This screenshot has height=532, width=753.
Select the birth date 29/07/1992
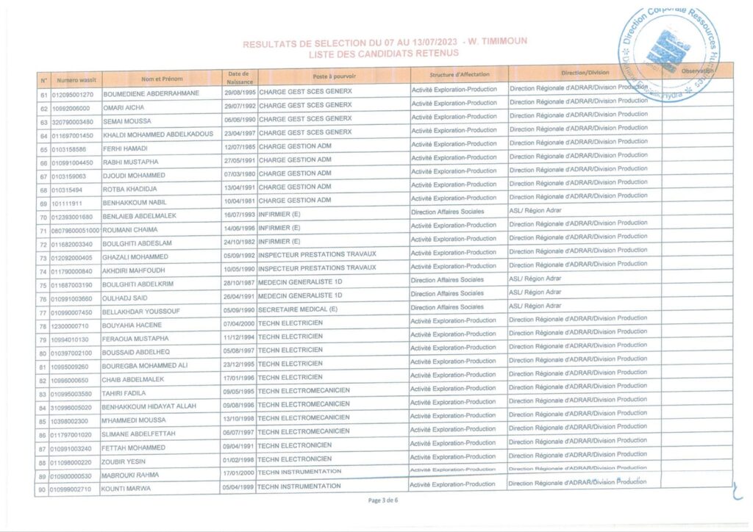[238, 108]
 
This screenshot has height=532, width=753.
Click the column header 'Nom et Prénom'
[162, 79]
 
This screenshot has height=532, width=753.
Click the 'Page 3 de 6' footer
[382, 500]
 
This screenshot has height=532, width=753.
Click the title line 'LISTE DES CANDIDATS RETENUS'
[384, 54]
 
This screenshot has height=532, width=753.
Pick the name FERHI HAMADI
[126, 149]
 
